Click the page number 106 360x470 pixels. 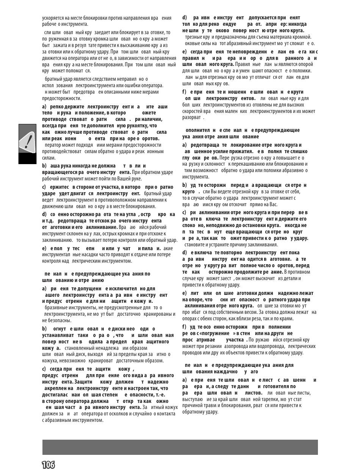pyautogui.click(x=49, y=464)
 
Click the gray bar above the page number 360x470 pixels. pyautogui.click(x=180, y=447)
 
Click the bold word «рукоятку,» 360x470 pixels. pyautogui.click(x=138, y=125)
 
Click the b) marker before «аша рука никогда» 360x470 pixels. pyautogui.click(x=44, y=166)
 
